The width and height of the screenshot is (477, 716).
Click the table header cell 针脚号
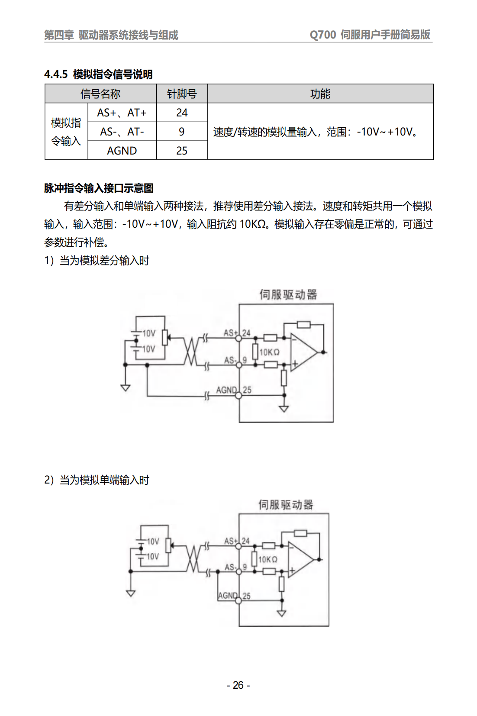pyautogui.click(x=182, y=94)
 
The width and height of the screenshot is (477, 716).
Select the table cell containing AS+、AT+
pyautogui.click(x=122, y=113)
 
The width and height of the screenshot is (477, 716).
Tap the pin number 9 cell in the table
pyautogui.click(x=182, y=131)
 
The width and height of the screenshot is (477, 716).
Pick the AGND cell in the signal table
pyautogui.click(x=122, y=151)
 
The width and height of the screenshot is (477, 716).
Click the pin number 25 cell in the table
pyautogui.click(x=182, y=151)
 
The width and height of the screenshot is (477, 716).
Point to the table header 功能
pyautogui.click(x=320, y=94)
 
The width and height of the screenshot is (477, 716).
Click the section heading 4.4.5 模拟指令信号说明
pyautogui.click(x=98, y=74)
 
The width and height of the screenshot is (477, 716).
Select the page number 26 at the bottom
pyautogui.click(x=238, y=685)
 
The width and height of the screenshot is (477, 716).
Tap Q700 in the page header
pyautogui.click(x=323, y=35)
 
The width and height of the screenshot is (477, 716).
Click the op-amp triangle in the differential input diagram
pyautogui.click(x=303, y=352)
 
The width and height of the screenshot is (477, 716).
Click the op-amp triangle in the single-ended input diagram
pyautogui.click(x=300, y=560)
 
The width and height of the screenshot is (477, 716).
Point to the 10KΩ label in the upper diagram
pyautogui.click(x=269, y=352)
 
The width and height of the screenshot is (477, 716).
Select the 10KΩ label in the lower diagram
pyautogui.click(x=268, y=559)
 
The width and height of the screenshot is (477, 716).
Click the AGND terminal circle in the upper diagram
pyautogui.click(x=238, y=396)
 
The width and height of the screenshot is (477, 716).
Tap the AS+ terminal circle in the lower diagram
pyautogui.click(x=238, y=546)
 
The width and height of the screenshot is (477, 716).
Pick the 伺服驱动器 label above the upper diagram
pyautogui.click(x=288, y=294)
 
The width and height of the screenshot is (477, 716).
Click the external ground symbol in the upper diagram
pyautogui.click(x=126, y=388)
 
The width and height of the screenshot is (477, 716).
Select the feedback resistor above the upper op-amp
pyautogui.click(x=304, y=325)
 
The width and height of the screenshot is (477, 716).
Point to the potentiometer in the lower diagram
pyautogui.click(x=168, y=545)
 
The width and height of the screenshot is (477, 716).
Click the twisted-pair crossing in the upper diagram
pyautogui.click(x=191, y=351)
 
